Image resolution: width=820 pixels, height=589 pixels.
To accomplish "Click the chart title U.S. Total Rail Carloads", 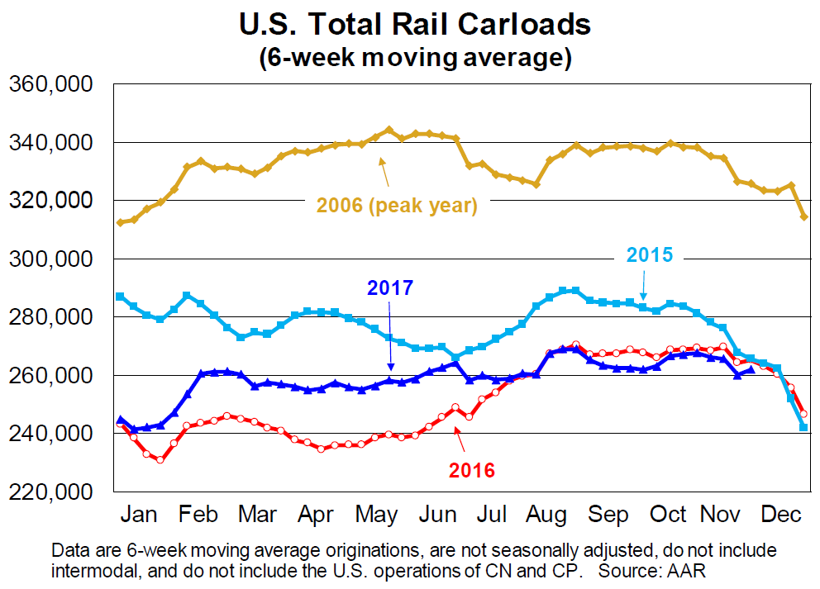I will coord(415,24).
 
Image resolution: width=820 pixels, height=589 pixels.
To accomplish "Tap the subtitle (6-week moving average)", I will coord(415,59).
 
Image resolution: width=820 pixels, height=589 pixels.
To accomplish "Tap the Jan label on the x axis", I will coord(139,514).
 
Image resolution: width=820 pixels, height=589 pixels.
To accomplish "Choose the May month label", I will coord(376,514).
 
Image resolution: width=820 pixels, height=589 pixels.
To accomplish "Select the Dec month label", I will coord(779,514).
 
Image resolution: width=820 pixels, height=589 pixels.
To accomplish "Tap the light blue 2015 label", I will coord(651,254).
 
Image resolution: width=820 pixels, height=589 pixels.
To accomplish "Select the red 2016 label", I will coord(471,471).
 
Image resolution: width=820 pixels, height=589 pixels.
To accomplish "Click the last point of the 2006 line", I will coord(804,216).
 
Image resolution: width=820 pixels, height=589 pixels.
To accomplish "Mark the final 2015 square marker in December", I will coord(804,427).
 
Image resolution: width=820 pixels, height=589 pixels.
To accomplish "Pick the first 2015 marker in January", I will coord(121,296).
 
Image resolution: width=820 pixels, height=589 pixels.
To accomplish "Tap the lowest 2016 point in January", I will coord(160,459).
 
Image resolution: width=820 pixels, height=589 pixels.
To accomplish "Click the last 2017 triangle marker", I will coord(751,370).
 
